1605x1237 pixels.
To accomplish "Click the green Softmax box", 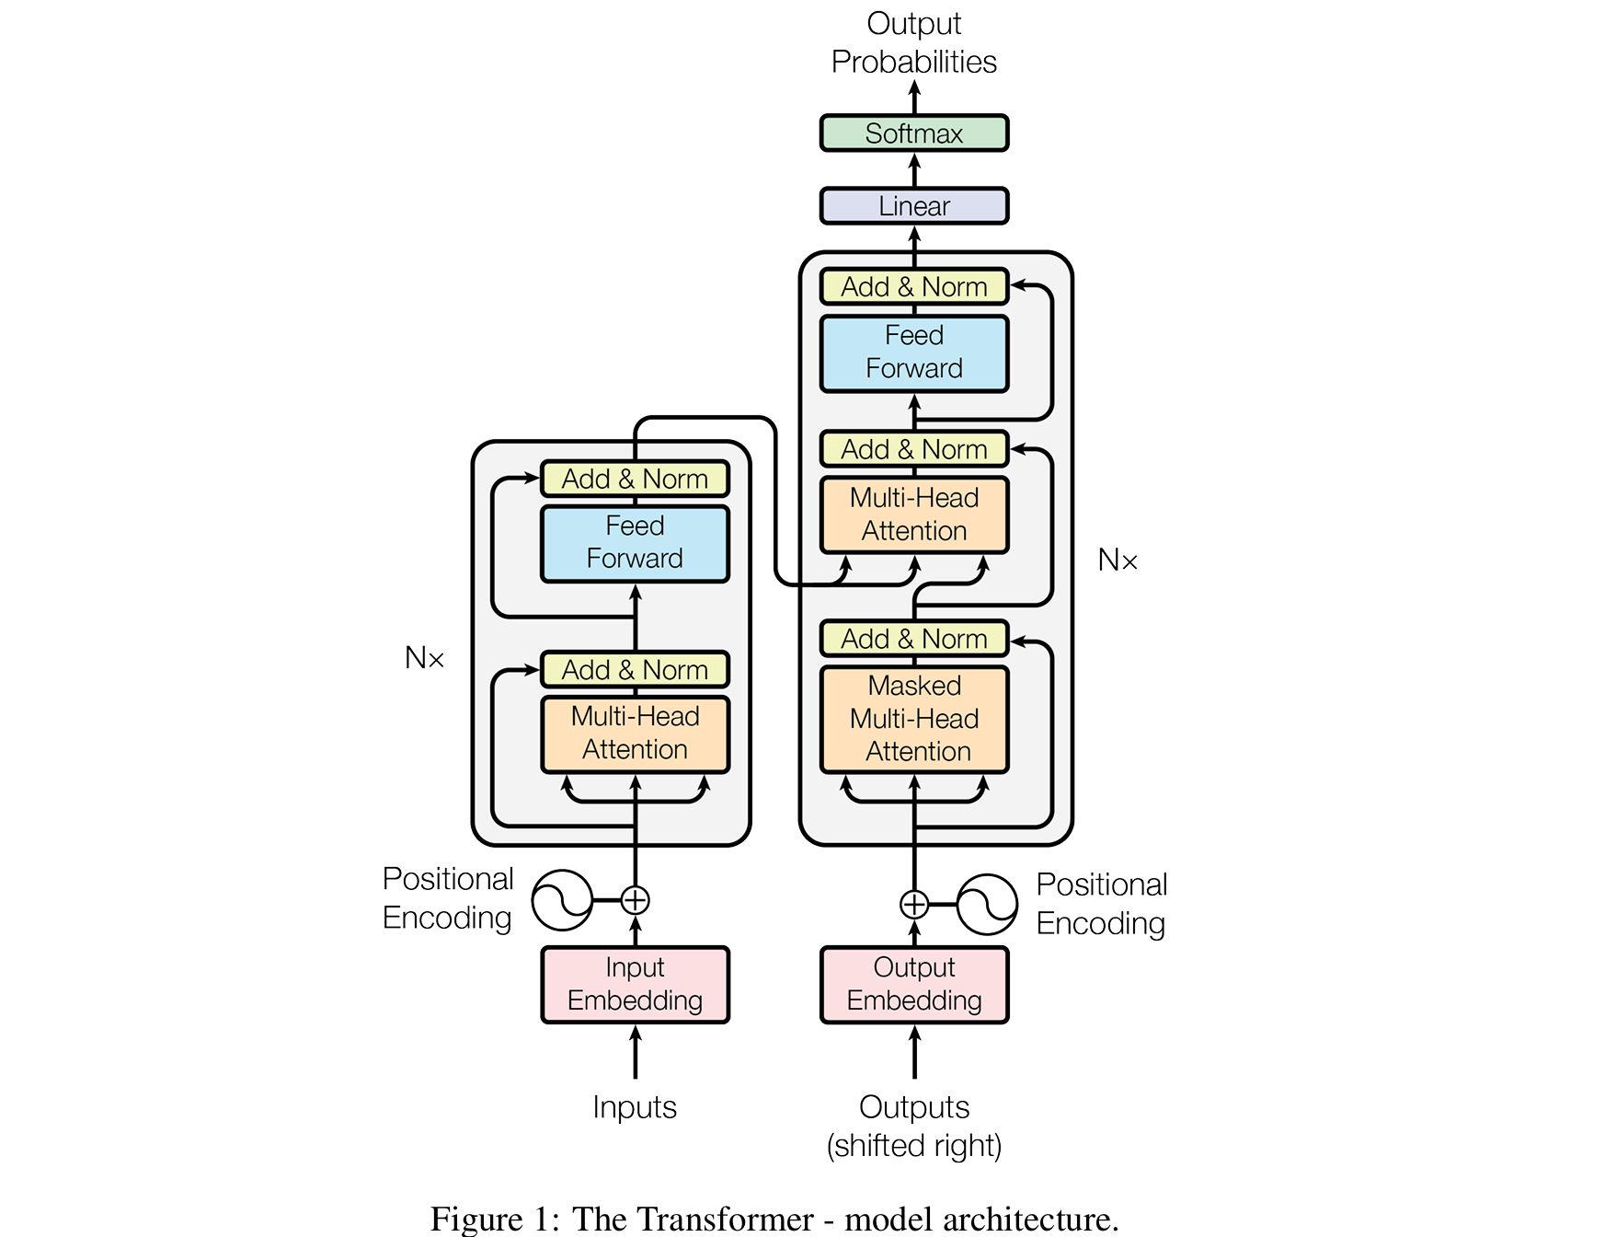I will click(913, 133).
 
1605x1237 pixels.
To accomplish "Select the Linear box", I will click(913, 206).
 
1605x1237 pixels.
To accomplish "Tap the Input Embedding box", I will click(635, 985).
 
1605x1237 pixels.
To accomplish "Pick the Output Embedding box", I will click(913, 985).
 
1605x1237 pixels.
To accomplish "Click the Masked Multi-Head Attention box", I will click(913, 719).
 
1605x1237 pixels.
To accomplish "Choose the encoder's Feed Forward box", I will click(635, 543).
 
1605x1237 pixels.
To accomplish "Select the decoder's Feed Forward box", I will click(913, 353).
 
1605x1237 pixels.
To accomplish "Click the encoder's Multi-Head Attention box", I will click(635, 734).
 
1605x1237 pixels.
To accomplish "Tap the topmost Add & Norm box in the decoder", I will click(913, 287).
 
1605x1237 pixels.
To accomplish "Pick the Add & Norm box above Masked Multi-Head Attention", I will click(913, 639).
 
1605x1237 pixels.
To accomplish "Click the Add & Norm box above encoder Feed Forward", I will click(635, 479).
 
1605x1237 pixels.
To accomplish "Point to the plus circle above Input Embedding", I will click(635, 899).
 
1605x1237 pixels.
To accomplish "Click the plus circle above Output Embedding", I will click(913, 905).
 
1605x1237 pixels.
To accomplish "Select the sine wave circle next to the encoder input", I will click(562, 899).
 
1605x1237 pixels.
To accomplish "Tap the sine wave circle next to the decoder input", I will click(987, 905).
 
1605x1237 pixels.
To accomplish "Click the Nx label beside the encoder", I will click(424, 658).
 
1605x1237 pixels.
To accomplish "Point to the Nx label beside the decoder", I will click(1118, 560).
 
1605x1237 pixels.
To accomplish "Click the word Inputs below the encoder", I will click(635, 1106).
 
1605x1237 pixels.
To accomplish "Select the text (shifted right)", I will click(913, 1146).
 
